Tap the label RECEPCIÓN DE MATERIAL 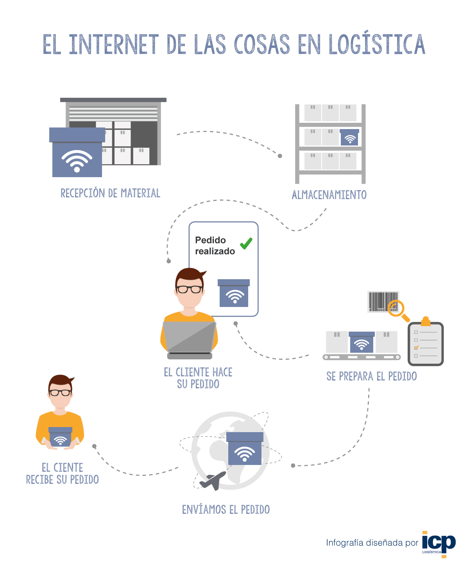click(110, 193)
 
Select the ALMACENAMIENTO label click(329, 195)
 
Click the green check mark click(246, 243)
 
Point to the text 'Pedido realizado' click(215, 246)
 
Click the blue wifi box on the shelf click(349, 137)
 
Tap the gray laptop click(190, 338)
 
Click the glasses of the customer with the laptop click(189, 289)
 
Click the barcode click(379, 302)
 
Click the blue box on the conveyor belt click(362, 342)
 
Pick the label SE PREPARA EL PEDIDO click(371, 376)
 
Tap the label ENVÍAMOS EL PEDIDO click(226, 510)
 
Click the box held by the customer click(60, 437)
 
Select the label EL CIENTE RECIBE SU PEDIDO click(62, 474)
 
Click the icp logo click(439, 543)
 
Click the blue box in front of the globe click(245, 449)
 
